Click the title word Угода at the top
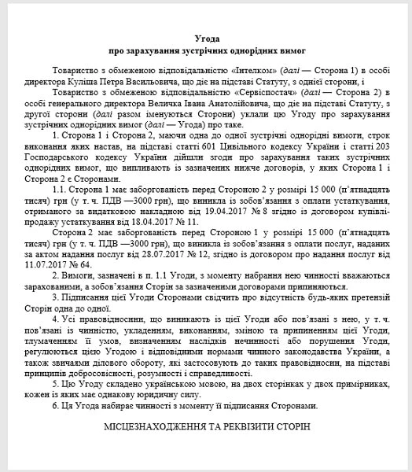pyautogui.click(x=205, y=39)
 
